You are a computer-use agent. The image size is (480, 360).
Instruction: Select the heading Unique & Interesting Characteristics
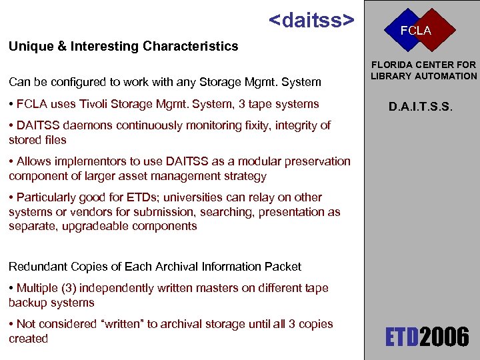point(123,46)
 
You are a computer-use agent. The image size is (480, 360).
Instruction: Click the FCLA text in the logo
point(415,31)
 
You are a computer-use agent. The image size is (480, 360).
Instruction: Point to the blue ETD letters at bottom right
point(401,337)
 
